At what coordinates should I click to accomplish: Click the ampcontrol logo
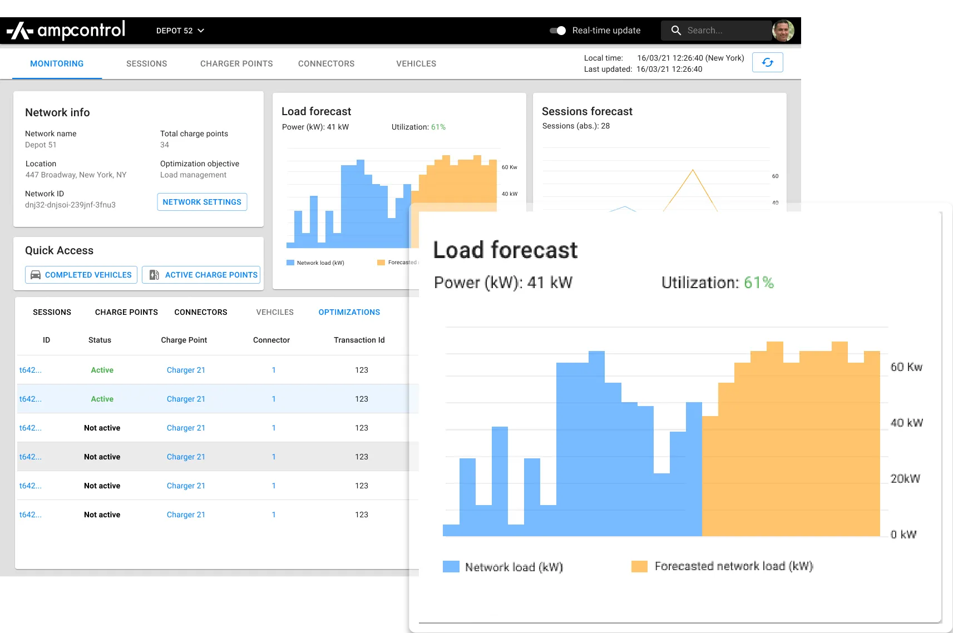click(x=66, y=31)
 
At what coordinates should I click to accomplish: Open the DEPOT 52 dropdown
click(x=180, y=31)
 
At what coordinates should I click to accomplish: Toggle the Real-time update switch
click(x=557, y=31)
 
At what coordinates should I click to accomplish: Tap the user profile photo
click(x=783, y=31)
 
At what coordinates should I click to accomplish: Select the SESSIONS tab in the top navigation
click(x=146, y=64)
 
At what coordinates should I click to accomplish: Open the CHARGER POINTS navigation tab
click(x=236, y=64)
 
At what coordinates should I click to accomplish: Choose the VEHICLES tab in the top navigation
click(x=416, y=64)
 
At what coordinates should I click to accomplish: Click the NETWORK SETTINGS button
click(x=202, y=202)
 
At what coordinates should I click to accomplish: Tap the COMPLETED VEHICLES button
click(x=81, y=275)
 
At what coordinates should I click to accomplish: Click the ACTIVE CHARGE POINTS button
click(x=201, y=275)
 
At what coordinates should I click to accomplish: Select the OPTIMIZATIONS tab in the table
click(x=349, y=312)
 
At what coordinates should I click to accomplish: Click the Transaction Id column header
click(x=359, y=340)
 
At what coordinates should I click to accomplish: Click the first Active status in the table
click(x=102, y=370)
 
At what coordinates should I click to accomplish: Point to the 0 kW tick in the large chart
click(x=903, y=535)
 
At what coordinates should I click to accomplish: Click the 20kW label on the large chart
click(x=905, y=479)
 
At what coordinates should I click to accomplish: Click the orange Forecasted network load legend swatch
click(x=639, y=566)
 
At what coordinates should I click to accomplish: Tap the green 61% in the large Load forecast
click(x=759, y=283)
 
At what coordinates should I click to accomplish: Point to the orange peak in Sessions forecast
click(x=693, y=171)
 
